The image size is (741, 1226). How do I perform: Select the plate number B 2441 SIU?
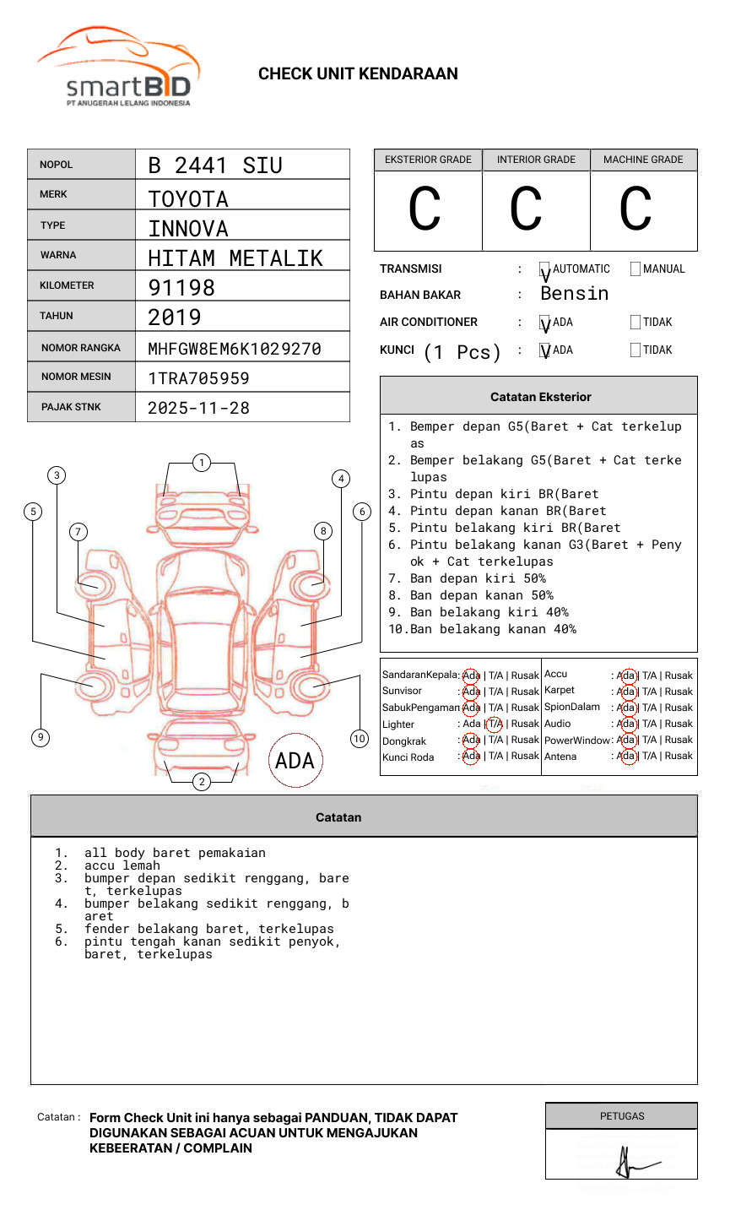click(x=215, y=165)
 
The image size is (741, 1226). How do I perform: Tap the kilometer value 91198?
click(x=181, y=288)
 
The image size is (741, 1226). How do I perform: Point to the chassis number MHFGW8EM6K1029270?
click(x=235, y=349)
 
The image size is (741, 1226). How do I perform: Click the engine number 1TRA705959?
click(x=198, y=378)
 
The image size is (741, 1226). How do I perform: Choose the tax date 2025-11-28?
click(x=198, y=409)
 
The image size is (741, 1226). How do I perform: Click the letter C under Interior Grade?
click(x=526, y=209)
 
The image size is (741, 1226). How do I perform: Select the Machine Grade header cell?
click(x=643, y=160)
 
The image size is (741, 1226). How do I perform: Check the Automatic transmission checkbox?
click(x=545, y=270)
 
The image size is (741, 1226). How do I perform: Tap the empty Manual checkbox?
click(x=636, y=269)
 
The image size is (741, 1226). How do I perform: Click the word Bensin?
click(x=574, y=294)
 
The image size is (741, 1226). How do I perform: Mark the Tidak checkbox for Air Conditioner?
click(x=636, y=323)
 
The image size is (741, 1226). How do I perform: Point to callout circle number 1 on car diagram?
click(x=201, y=463)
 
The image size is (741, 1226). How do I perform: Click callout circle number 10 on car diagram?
click(x=360, y=739)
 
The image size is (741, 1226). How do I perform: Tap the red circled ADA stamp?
click(x=295, y=761)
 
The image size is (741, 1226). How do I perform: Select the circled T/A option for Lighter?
click(x=495, y=724)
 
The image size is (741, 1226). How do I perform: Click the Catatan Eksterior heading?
click(x=540, y=397)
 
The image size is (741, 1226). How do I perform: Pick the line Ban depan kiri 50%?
click(x=477, y=578)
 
